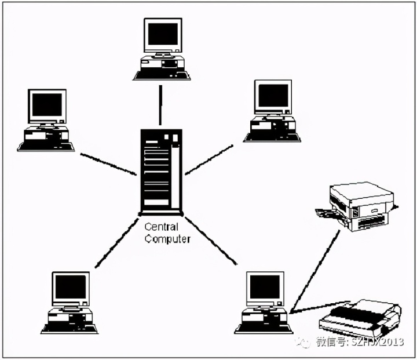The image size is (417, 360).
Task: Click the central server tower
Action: click(161, 171)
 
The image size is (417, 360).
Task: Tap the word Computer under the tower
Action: click(167, 238)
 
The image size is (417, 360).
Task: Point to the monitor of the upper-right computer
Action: click(273, 96)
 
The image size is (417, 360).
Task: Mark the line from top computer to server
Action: click(160, 103)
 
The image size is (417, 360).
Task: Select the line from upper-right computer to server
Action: click(209, 159)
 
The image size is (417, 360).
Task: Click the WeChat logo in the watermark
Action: click(304, 343)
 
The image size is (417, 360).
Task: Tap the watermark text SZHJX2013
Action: click(376, 343)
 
